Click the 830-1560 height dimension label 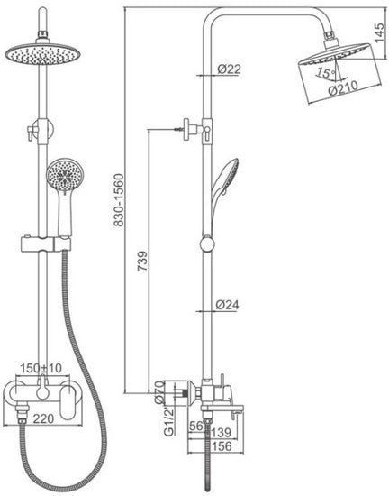(119, 200)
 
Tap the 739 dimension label (142, 261)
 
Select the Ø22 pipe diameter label (229, 69)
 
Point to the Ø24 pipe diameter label (227, 305)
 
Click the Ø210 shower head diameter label (343, 88)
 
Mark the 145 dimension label (380, 32)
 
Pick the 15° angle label (327, 73)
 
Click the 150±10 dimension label (41, 368)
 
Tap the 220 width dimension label (44, 418)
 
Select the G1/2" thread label (169, 422)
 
